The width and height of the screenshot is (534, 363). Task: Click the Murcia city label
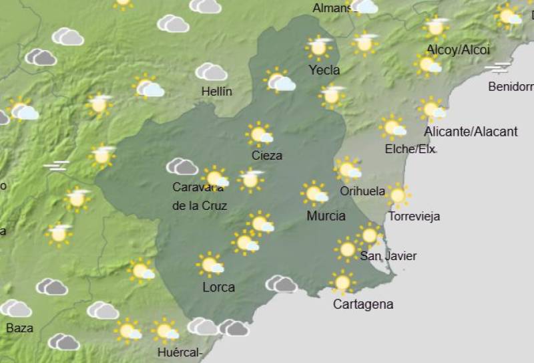326,216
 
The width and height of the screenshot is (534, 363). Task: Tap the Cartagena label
362,305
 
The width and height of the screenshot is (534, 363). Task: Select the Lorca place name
218,287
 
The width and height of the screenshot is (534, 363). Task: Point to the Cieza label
266,156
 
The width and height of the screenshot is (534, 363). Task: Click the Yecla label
324,70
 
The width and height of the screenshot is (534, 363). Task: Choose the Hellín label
216,92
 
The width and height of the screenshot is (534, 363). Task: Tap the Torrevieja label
414,217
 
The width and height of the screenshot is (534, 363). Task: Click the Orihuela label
362,191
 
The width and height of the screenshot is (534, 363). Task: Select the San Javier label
388,256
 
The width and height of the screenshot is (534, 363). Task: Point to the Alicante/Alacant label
471,132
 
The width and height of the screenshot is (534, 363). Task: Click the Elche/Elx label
410,149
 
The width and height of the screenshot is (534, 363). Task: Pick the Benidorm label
511,87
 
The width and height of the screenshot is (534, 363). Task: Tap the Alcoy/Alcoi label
458,49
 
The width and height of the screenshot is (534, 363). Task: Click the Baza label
19,328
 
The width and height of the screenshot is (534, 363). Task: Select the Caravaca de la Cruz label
200,197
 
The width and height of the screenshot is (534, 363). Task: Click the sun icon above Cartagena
342,283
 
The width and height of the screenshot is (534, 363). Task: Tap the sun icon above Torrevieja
398,196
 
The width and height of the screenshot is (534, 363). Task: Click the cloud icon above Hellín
211,72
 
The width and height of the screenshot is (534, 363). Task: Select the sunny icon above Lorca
211,265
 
